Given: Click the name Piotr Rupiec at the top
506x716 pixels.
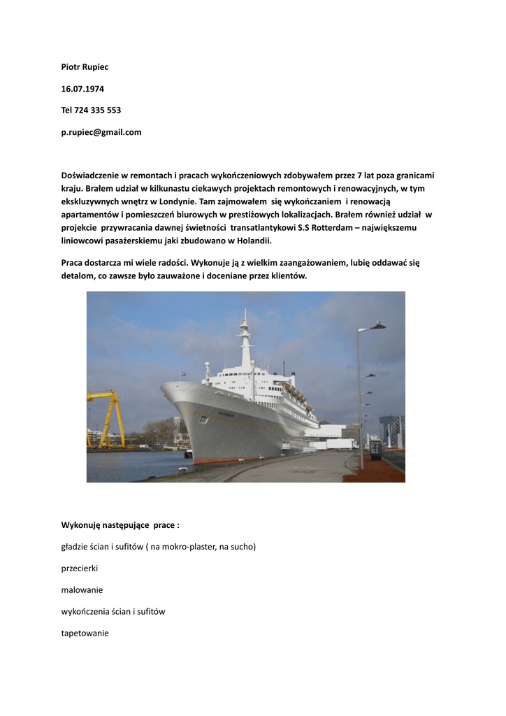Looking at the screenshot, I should pyautogui.click(x=85, y=67).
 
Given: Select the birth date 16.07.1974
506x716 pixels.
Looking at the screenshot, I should pyautogui.click(x=82, y=89).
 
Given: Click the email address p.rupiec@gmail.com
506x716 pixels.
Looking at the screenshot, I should pyautogui.click(x=101, y=131).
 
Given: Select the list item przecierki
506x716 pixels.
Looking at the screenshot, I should pyautogui.click(x=80, y=568).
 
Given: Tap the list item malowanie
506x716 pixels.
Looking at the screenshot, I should pyautogui.click(x=82, y=590).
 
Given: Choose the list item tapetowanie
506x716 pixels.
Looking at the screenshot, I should pyautogui.click(x=85, y=633).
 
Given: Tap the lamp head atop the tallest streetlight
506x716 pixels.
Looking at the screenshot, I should pyautogui.click(x=378, y=326).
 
